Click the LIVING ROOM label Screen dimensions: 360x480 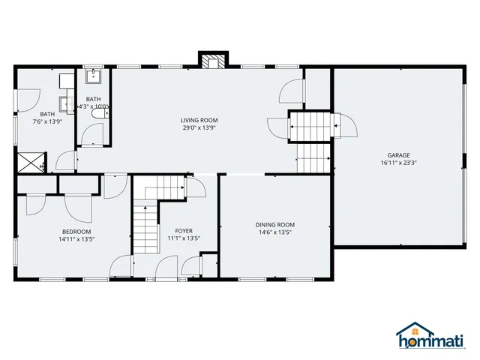199,120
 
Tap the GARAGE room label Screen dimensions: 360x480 398,154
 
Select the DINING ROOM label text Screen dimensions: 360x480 274,224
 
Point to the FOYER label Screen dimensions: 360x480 184,230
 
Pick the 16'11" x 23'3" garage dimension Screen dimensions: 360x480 398,163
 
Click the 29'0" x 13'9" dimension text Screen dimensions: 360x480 199,127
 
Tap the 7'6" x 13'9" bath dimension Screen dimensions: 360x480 46,121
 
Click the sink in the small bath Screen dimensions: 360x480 94,76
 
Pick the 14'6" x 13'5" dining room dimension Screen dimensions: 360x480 274,232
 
